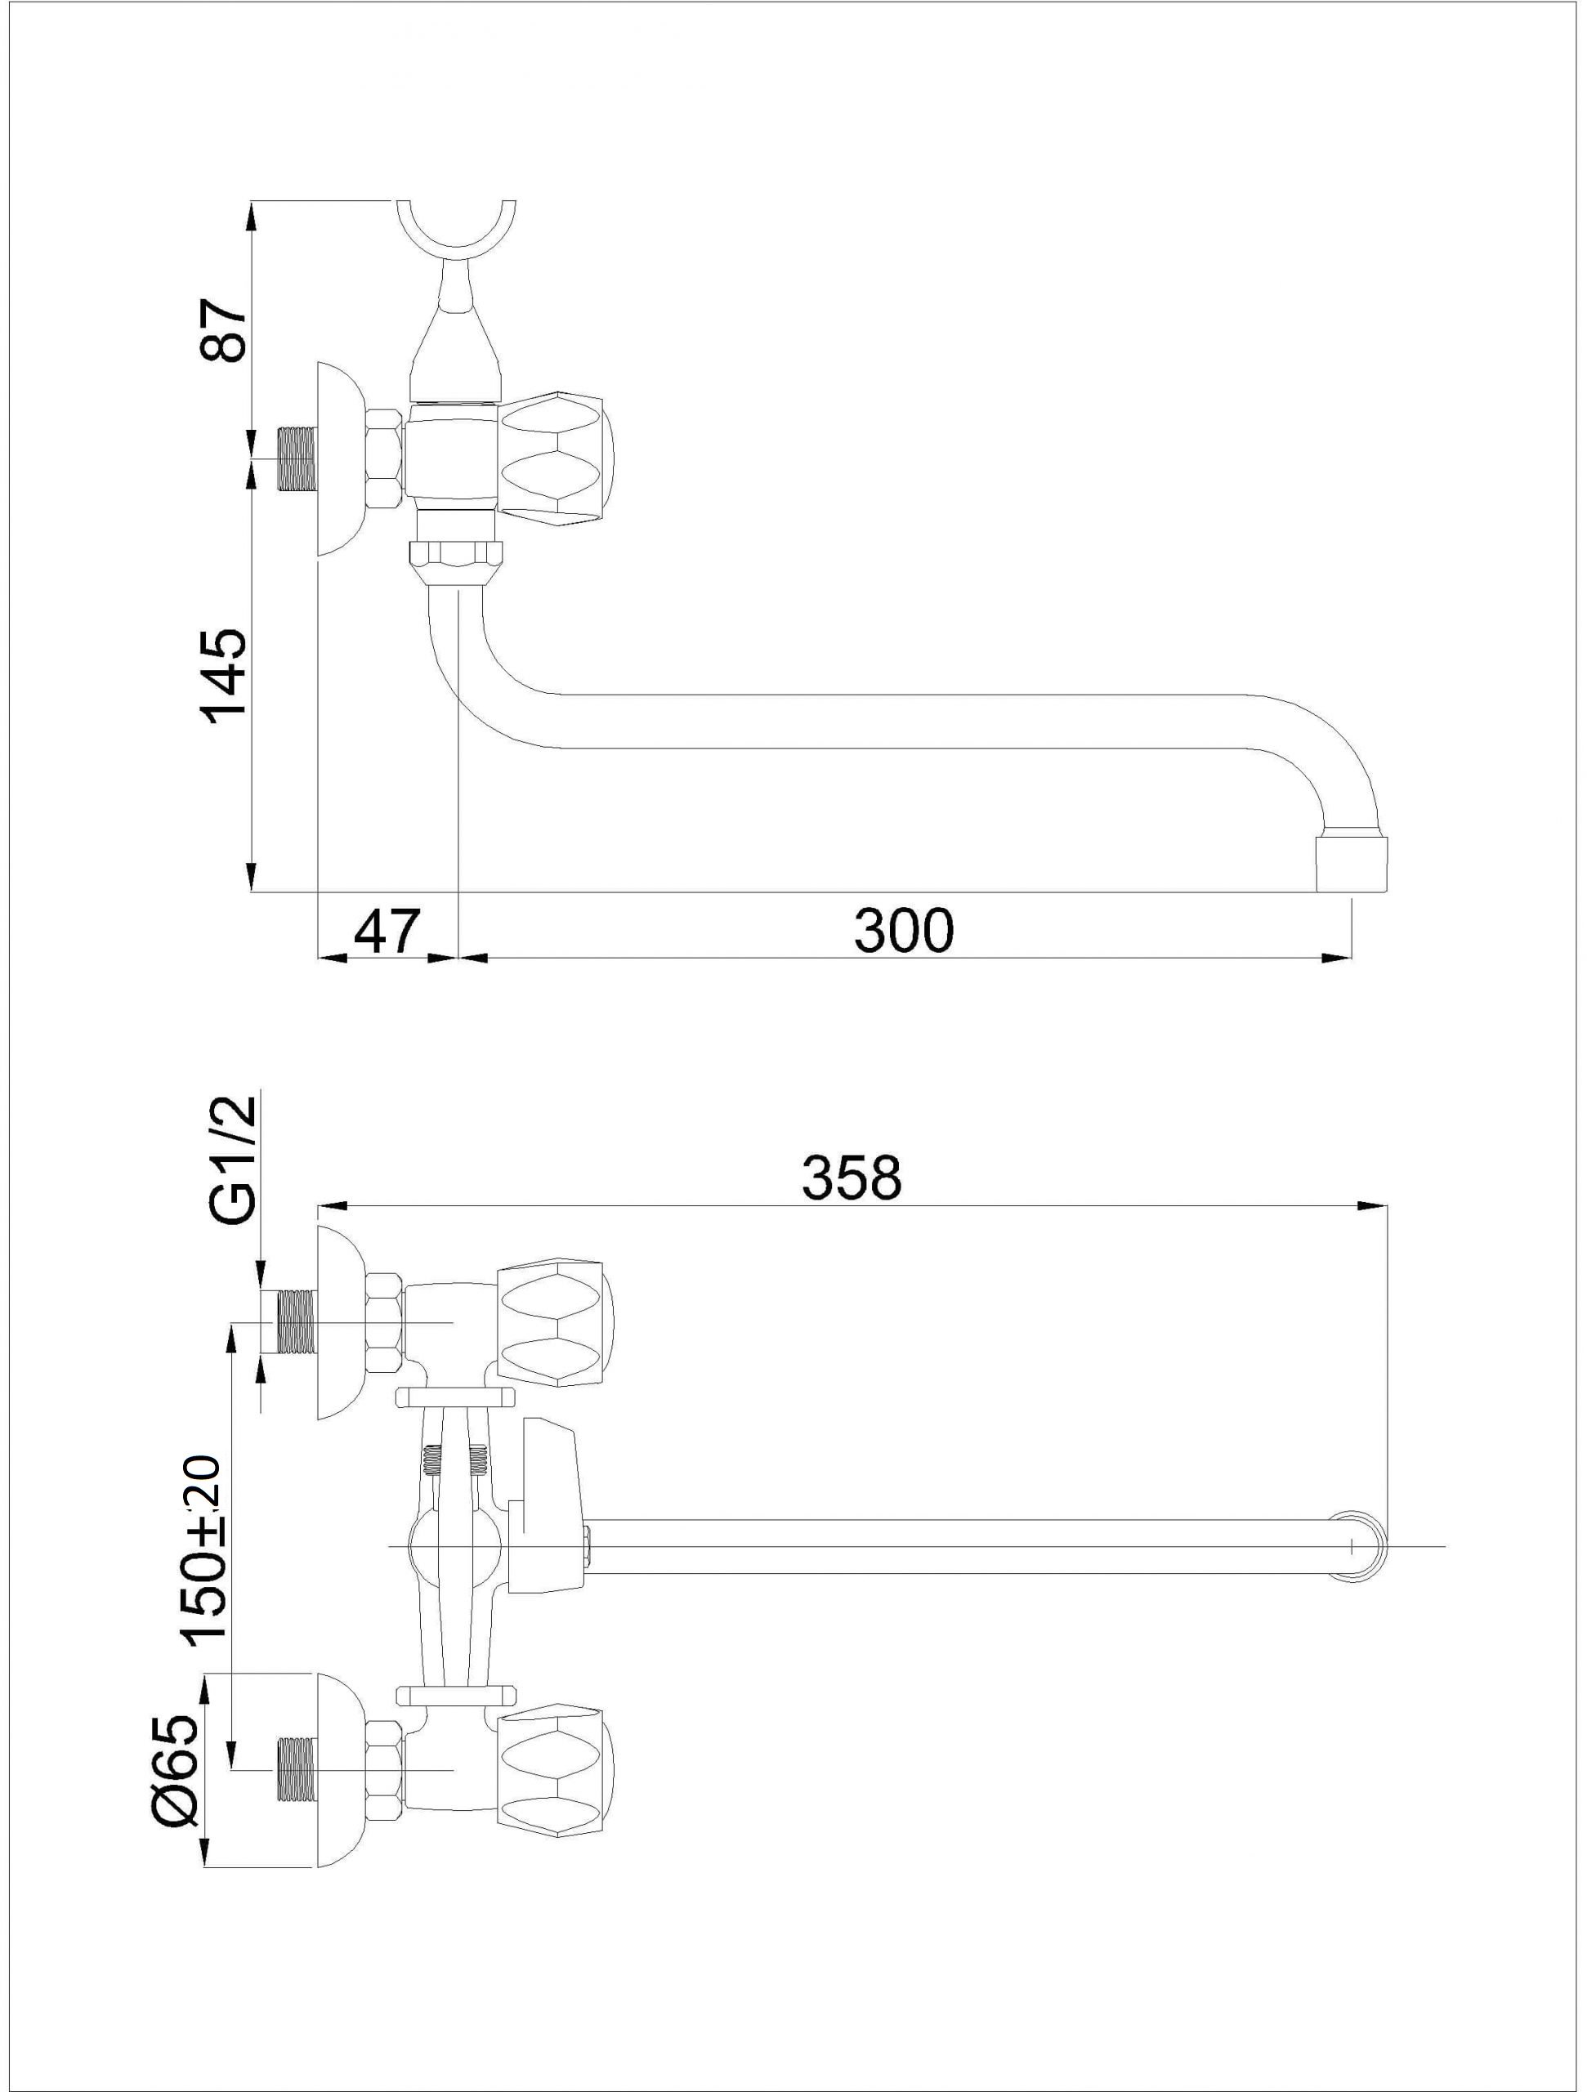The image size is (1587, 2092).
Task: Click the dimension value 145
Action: coord(224,677)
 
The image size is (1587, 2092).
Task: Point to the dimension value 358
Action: coord(852,1179)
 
